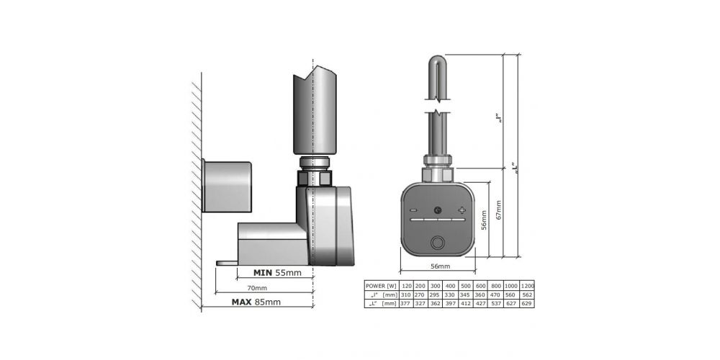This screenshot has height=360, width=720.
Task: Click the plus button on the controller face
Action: pyautogui.click(x=462, y=210)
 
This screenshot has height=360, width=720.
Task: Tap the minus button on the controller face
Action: pyautogui.click(x=414, y=210)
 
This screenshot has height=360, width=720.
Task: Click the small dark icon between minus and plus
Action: pyautogui.click(x=438, y=210)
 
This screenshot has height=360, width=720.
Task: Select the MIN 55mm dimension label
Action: pyautogui.click(x=277, y=273)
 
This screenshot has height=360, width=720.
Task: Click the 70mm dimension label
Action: pyautogui.click(x=257, y=288)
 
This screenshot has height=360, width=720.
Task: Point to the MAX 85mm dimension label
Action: pyautogui.click(x=256, y=302)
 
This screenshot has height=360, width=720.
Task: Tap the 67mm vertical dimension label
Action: pyautogui.click(x=499, y=210)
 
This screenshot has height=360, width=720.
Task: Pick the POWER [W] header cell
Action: pyautogui.click(x=381, y=286)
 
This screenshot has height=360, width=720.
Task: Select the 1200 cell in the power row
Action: pyautogui.click(x=527, y=286)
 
